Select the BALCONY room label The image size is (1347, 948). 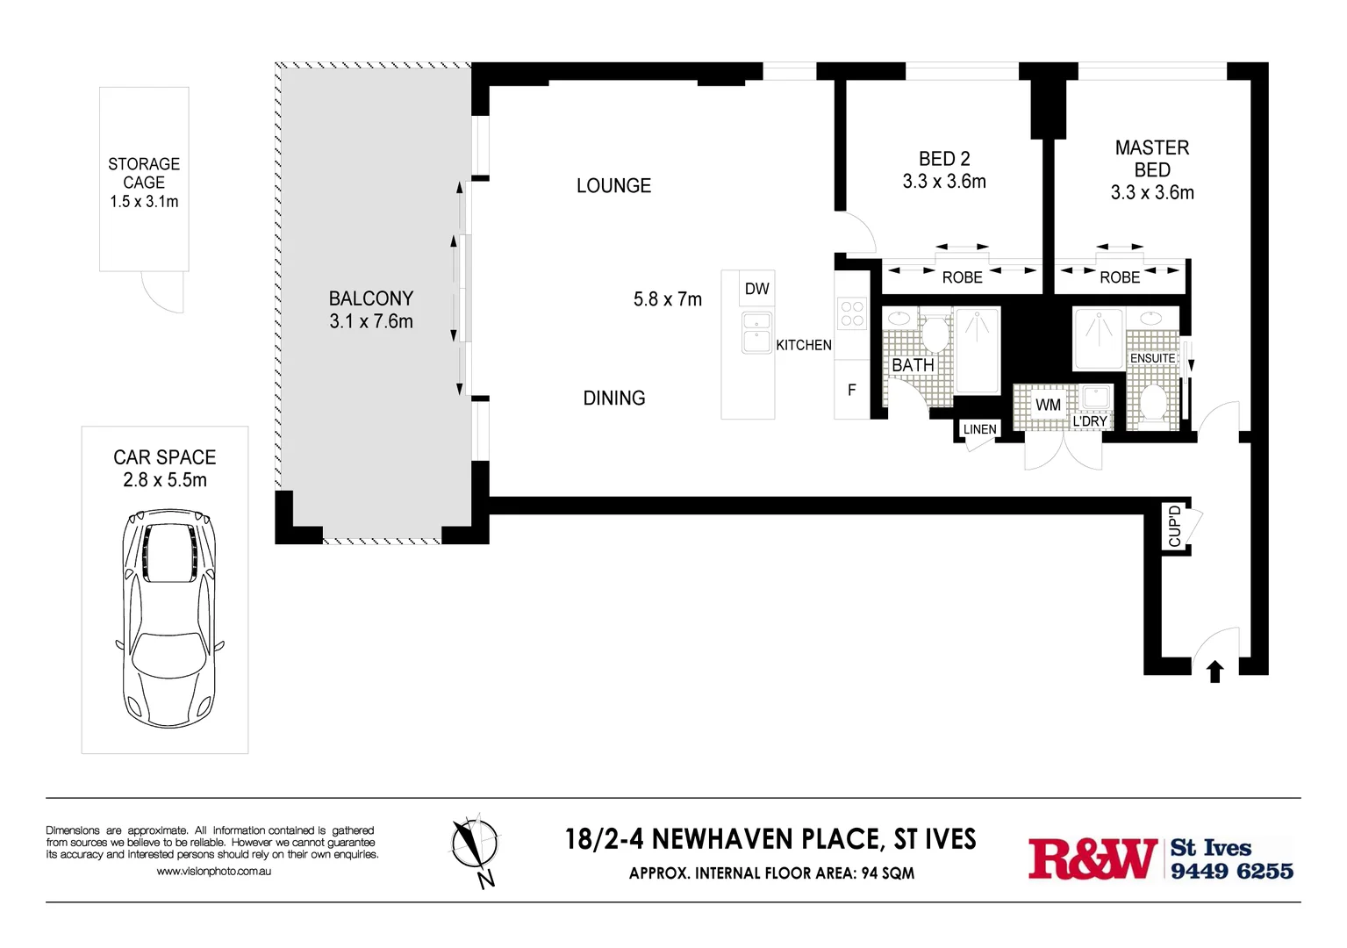[371, 298]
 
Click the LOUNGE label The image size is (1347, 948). [613, 186]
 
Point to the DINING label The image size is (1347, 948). [614, 399]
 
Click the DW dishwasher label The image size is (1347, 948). [756, 289]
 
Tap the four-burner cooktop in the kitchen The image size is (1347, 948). [852, 313]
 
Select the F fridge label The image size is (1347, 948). [851, 390]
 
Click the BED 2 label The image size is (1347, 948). [944, 159]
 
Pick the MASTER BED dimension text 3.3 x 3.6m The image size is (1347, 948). [1151, 193]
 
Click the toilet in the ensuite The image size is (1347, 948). [1152, 404]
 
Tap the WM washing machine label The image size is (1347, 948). [1048, 405]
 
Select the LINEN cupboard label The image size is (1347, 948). [979, 429]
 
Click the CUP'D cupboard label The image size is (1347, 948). [1175, 526]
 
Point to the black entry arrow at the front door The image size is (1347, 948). [1214, 672]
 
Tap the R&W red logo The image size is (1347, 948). [1093, 858]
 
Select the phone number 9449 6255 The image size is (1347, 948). [1231, 871]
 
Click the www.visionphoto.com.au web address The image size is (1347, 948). [213, 872]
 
